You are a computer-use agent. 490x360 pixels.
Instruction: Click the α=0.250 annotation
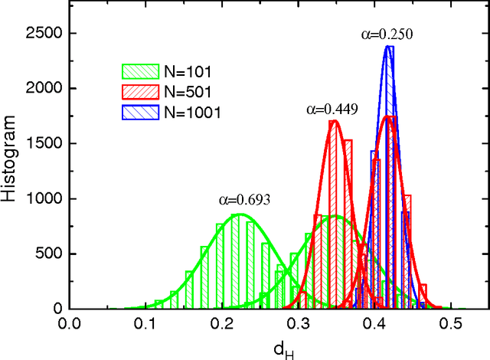[388, 34]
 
